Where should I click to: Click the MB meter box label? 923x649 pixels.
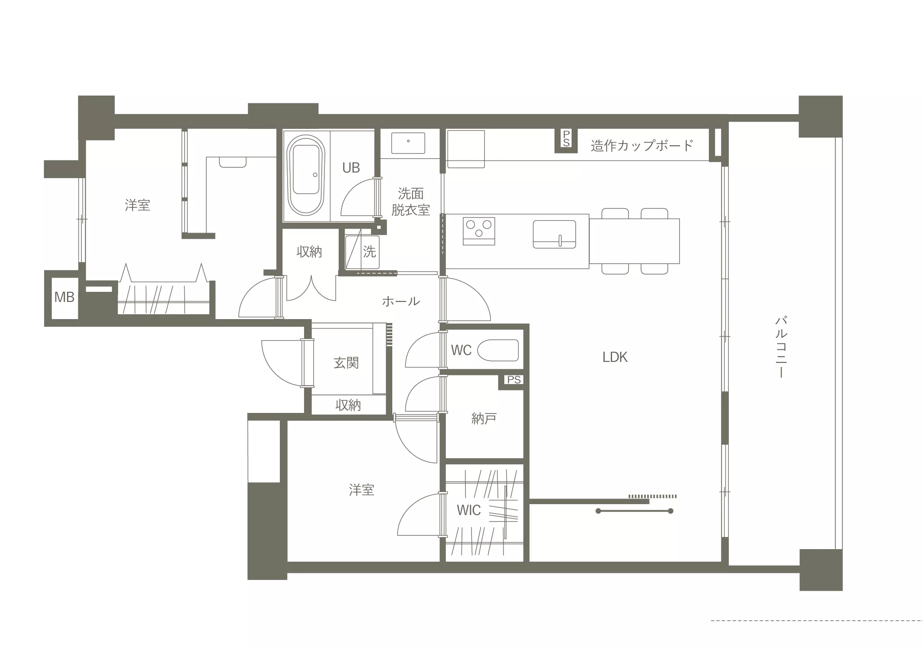[64, 297]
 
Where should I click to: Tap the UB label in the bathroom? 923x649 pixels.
[351, 168]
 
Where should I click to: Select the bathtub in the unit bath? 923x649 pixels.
[306, 175]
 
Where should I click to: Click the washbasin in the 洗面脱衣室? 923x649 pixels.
[408, 143]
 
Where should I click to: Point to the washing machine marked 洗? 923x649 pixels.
[362, 252]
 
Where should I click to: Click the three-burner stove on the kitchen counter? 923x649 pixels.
[479, 231]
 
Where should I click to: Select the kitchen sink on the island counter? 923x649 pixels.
[554, 234]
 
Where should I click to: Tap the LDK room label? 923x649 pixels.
[615, 357]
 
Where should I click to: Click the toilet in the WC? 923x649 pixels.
[498, 350]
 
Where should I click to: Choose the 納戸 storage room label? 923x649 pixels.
[484, 419]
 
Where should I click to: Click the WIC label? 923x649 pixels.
[469, 510]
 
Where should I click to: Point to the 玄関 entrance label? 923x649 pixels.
[346, 363]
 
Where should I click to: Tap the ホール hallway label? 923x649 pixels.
[401, 301]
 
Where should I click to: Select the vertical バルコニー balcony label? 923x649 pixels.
[781, 347]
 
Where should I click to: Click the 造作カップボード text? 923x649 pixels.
[642, 145]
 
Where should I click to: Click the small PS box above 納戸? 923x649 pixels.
[514, 380]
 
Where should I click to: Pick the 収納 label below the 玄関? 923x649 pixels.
[348, 405]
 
